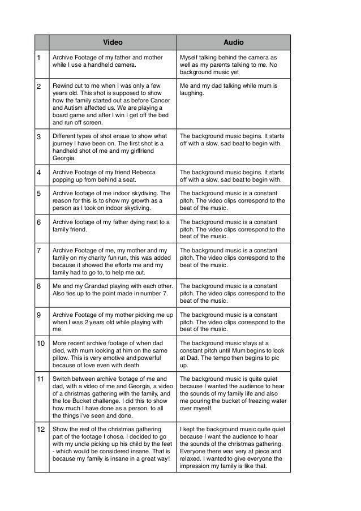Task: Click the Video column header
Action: [x=112, y=42]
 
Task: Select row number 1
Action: [x=38, y=58]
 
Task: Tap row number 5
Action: [x=38, y=194]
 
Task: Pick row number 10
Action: [x=40, y=343]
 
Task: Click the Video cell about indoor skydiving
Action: [x=112, y=201]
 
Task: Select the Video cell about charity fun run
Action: [x=112, y=257]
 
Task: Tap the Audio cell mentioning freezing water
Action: [x=233, y=392]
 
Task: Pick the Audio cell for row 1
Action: [x=233, y=65]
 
